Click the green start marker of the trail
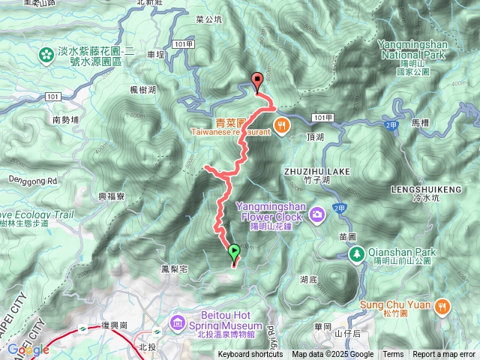pyautogui.click(x=233, y=253)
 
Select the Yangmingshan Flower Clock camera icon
pyautogui.click(x=319, y=215)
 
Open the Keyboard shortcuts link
pyautogui.click(x=250, y=355)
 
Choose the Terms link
pyautogui.click(x=393, y=355)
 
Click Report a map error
pyautogui.click(x=444, y=355)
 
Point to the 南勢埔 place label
pyautogui.click(x=67, y=119)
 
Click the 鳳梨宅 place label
pyautogui.click(x=174, y=268)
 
